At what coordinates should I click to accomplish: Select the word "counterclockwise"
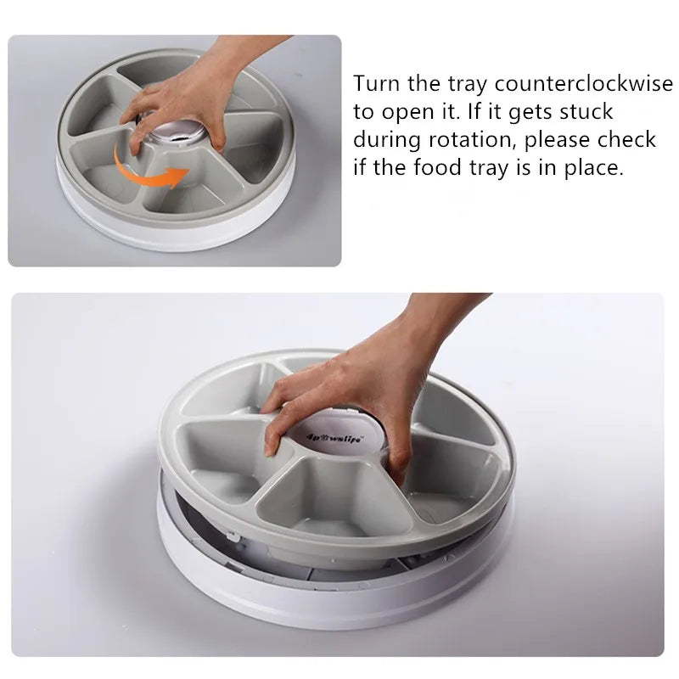(x=578, y=84)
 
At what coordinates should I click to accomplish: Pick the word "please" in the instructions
(x=559, y=140)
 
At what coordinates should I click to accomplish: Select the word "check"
(x=631, y=140)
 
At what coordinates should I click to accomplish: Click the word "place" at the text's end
(x=595, y=168)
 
